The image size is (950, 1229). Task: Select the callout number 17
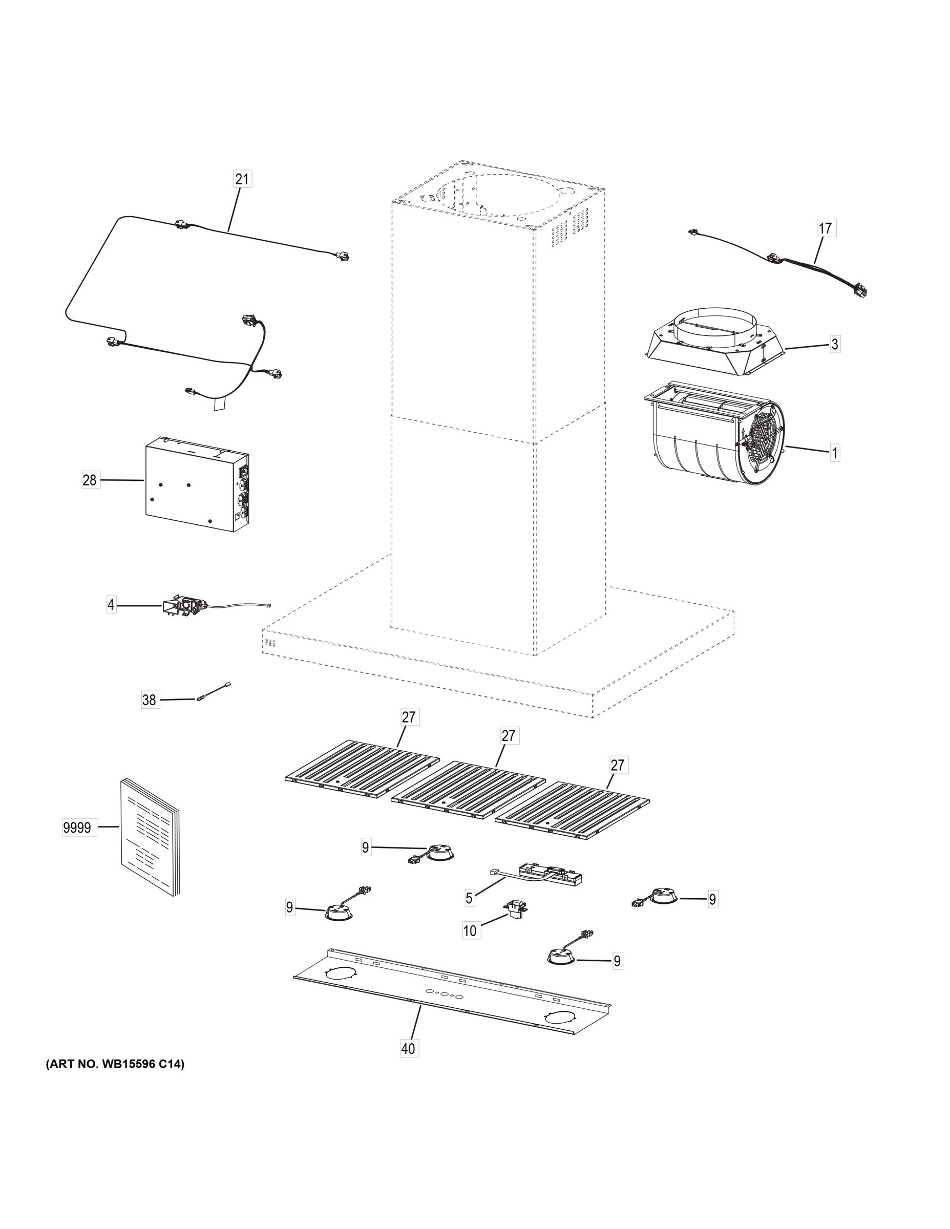pyautogui.click(x=825, y=228)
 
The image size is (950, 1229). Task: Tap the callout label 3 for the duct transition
pyautogui.click(x=835, y=345)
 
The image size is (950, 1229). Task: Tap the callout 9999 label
pyautogui.click(x=77, y=828)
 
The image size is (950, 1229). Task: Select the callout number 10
pyautogui.click(x=470, y=931)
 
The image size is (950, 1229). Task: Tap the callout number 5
pyautogui.click(x=469, y=898)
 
